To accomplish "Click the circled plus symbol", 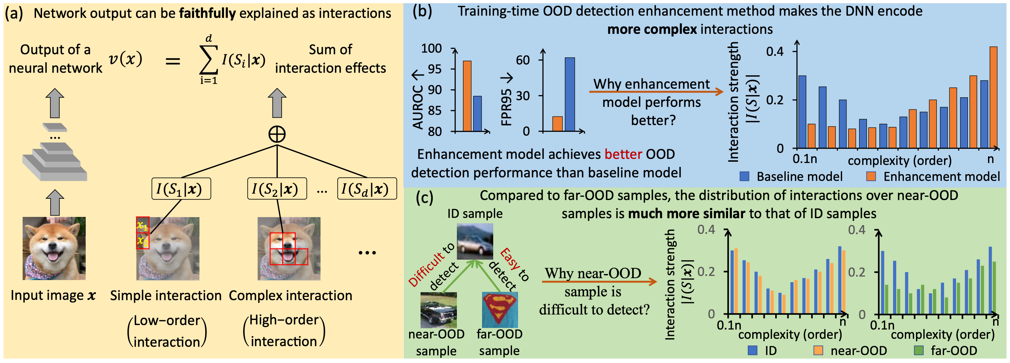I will pyautogui.click(x=277, y=134).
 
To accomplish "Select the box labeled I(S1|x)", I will pyautogui.click(x=181, y=189).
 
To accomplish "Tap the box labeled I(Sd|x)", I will pyautogui.click(x=367, y=189).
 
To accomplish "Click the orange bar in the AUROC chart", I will pyautogui.click(x=467, y=96).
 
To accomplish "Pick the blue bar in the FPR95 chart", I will pyautogui.click(x=570, y=94).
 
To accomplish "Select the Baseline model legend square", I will pyautogui.click(x=744, y=176).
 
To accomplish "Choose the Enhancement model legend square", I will pyautogui.click(x=871, y=176).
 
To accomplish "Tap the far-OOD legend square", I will pyautogui.click(x=919, y=350).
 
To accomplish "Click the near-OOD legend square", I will pyautogui.click(x=818, y=350).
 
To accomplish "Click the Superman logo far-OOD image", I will pyautogui.click(x=500, y=310).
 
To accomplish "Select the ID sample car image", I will pyautogui.click(x=475, y=241).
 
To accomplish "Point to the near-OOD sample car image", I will pyautogui.click(x=438, y=310).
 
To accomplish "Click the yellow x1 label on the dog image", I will pyautogui.click(x=142, y=226).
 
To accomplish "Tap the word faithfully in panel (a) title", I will pyautogui.click(x=207, y=13).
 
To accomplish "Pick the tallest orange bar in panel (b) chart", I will pyautogui.click(x=993, y=97).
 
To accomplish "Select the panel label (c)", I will pyautogui.click(x=424, y=197).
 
